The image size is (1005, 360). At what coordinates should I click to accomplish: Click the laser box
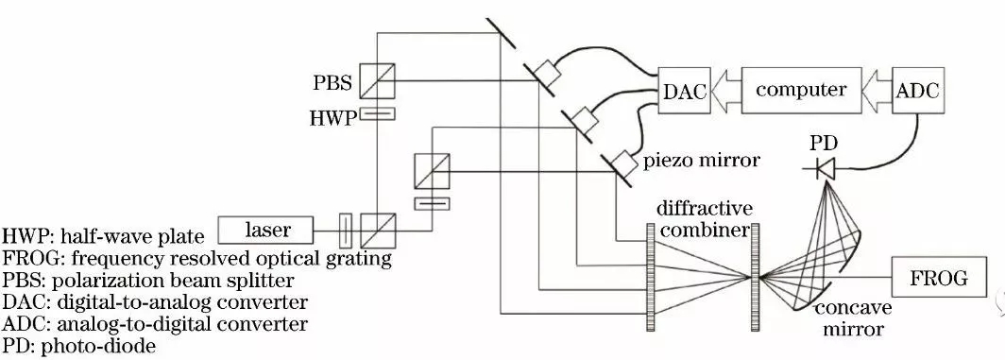coord(267,229)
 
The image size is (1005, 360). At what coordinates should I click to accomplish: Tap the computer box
coord(801,91)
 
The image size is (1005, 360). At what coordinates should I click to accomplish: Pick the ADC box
coord(918,92)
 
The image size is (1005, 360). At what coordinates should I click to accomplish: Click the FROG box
coord(941,278)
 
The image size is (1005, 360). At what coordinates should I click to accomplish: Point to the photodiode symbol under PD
coord(824,171)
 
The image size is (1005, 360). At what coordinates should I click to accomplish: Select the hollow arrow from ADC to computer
coord(873,92)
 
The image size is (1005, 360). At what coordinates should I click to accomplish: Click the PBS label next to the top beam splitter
coord(333,84)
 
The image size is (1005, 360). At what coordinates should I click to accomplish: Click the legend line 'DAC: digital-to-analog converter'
coord(155,302)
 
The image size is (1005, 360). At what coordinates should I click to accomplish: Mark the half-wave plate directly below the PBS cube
coord(377,114)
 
